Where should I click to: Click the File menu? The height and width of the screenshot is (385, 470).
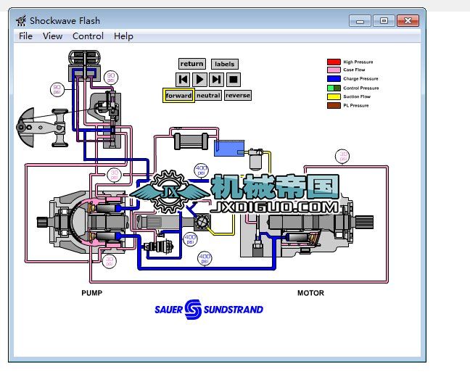coord(25,36)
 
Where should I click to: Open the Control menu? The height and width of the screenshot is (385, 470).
coord(88,36)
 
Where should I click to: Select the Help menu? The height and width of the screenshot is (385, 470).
coord(123,36)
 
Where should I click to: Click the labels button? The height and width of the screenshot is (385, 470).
coord(225,64)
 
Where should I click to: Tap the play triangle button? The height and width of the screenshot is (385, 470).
coord(200,78)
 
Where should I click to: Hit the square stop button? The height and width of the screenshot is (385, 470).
coord(233,78)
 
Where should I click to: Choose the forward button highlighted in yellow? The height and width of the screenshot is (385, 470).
coord(178,96)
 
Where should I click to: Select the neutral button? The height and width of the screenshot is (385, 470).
coord(208,96)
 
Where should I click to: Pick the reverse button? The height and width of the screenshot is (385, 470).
coord(237,96)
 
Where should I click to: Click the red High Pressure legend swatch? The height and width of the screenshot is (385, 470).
coord(334,62)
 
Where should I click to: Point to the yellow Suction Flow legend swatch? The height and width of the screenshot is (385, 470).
coord(334,96)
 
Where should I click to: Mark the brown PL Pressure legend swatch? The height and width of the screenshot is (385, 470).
coord(334,105)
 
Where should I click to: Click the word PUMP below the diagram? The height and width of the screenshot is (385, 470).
coord(92,294)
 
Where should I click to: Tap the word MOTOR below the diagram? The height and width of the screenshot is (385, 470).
coord(310,294)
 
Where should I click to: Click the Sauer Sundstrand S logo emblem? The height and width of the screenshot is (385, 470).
coord(194,310)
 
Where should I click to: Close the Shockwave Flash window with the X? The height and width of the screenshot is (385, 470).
coord(409,20)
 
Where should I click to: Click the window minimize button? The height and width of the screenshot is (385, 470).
coord(360,20)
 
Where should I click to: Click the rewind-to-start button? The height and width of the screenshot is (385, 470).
coord(184,78)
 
